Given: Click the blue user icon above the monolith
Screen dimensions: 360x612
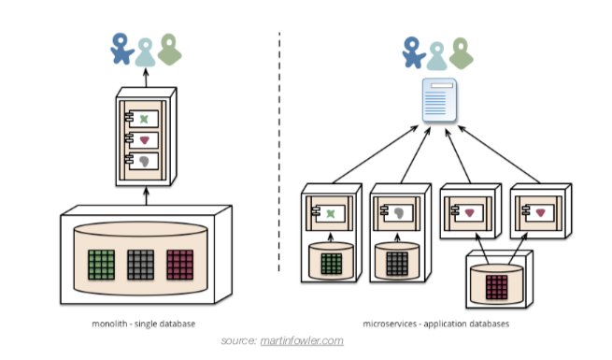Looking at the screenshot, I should coord(121,50).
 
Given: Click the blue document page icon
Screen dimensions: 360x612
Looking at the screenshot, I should coord(438,101).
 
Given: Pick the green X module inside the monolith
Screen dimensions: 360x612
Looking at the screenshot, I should coord(143,119).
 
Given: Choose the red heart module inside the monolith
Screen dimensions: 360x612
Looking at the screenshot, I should coord(143,140).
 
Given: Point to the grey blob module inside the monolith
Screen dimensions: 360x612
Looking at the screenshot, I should coord(143,162).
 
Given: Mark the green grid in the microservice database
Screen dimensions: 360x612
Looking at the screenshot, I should coord(331,263).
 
